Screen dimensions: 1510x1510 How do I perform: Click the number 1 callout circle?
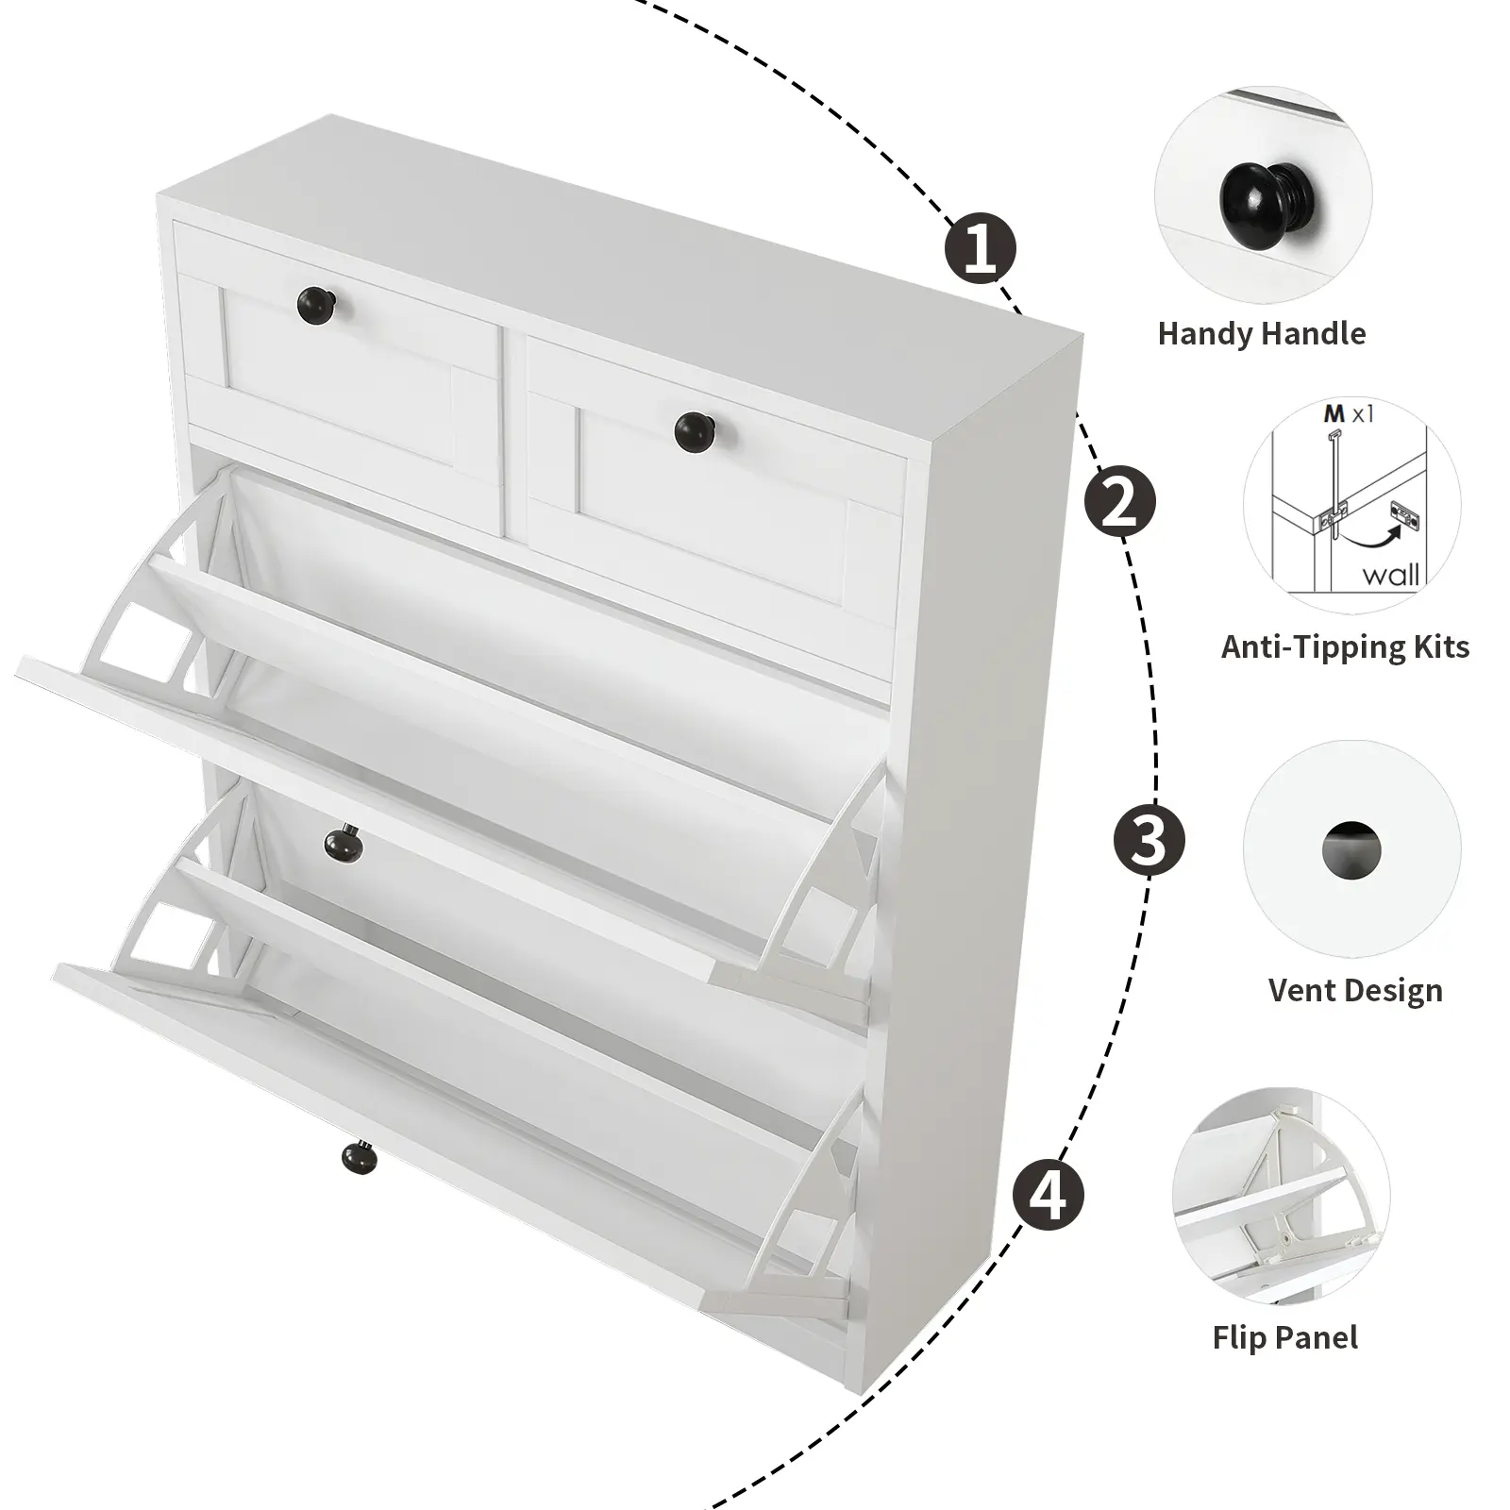[981, 249]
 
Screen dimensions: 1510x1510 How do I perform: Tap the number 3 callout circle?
[1149, 839]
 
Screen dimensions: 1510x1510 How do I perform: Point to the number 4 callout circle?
[1049, 1196]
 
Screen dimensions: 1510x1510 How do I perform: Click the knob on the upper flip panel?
[343, 841]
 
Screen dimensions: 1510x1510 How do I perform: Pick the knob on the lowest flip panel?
[359, 1158]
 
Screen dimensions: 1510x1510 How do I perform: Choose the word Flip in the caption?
[1241, 1337]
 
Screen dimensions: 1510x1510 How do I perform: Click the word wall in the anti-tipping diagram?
[1390, 575]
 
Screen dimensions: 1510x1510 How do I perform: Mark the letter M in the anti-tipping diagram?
[1334, 413]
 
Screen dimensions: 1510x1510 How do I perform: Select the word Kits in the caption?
[1435, 647]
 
